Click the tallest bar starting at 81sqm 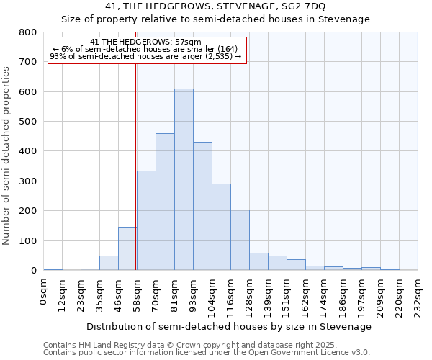tap(184, 180)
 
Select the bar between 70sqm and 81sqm tap(165, 202)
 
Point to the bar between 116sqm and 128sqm tap(240, 240)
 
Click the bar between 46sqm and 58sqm tap(127, 248)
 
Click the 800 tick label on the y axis tap(28, 32)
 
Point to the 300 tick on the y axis tap(28, 181)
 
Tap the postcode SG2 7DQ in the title tap(306, 6)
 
